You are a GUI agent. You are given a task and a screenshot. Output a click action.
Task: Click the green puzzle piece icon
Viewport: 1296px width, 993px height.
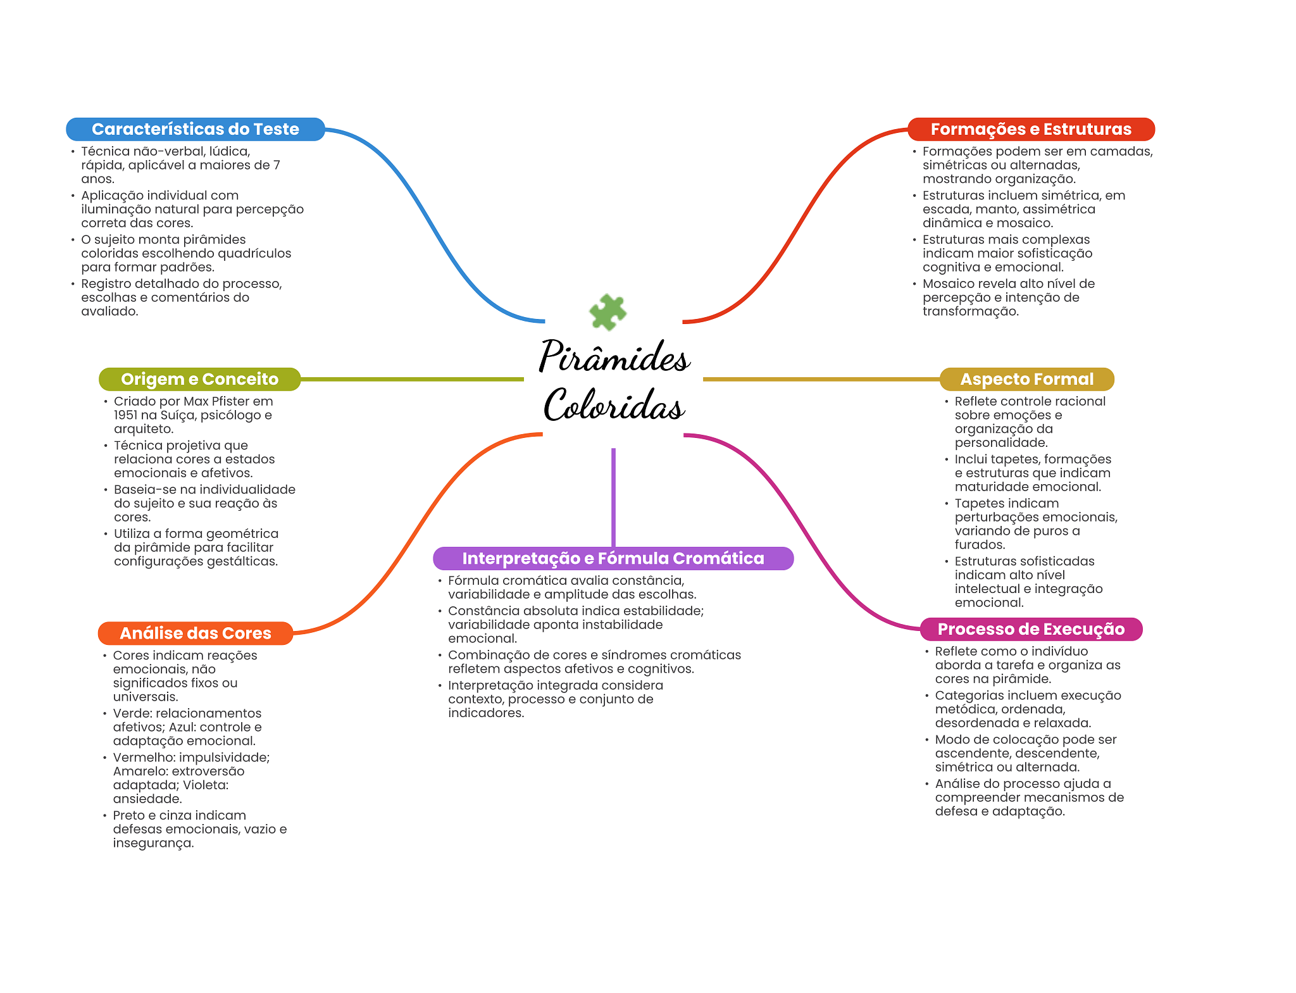pos(607,311)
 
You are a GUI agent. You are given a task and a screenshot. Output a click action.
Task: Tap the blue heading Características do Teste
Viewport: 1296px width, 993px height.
pos(195,129)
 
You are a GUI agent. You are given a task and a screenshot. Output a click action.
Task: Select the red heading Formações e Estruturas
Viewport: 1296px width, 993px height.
pos(1031,129)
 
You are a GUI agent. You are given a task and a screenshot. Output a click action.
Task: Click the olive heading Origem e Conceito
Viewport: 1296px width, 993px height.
pos(199,379)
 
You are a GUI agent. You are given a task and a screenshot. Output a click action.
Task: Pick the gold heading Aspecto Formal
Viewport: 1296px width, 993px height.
pos(1026,379)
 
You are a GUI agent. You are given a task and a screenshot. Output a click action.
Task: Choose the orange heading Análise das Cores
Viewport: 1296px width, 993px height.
pos(195,633)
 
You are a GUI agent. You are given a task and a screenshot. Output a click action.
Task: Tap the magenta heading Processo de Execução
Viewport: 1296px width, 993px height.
pos(1031,629)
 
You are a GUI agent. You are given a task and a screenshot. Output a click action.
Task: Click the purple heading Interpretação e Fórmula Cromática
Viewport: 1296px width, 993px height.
pos(613,558)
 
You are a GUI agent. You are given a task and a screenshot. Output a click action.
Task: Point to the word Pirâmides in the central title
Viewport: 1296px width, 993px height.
pos(614,356)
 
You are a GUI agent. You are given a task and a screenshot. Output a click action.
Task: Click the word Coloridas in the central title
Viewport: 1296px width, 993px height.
pos(614,405)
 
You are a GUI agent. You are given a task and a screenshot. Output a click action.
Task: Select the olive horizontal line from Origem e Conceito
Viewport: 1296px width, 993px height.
pos(411,379)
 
